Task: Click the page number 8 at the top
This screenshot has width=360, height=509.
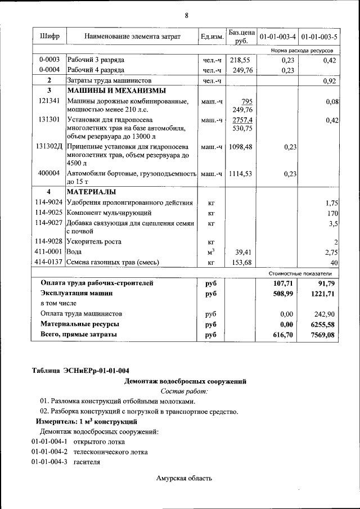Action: point(186,14)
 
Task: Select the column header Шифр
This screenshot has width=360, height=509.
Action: point(49,37)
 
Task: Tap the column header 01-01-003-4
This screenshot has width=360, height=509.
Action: point(277,37)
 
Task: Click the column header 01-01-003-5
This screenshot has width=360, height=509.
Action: point(319,37)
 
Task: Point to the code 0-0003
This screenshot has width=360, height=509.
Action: point(49,60)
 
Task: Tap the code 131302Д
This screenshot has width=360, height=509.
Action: point(49,146)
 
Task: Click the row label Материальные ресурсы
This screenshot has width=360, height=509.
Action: point(79,325)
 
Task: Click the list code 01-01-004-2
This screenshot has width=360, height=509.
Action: point(49,452)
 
